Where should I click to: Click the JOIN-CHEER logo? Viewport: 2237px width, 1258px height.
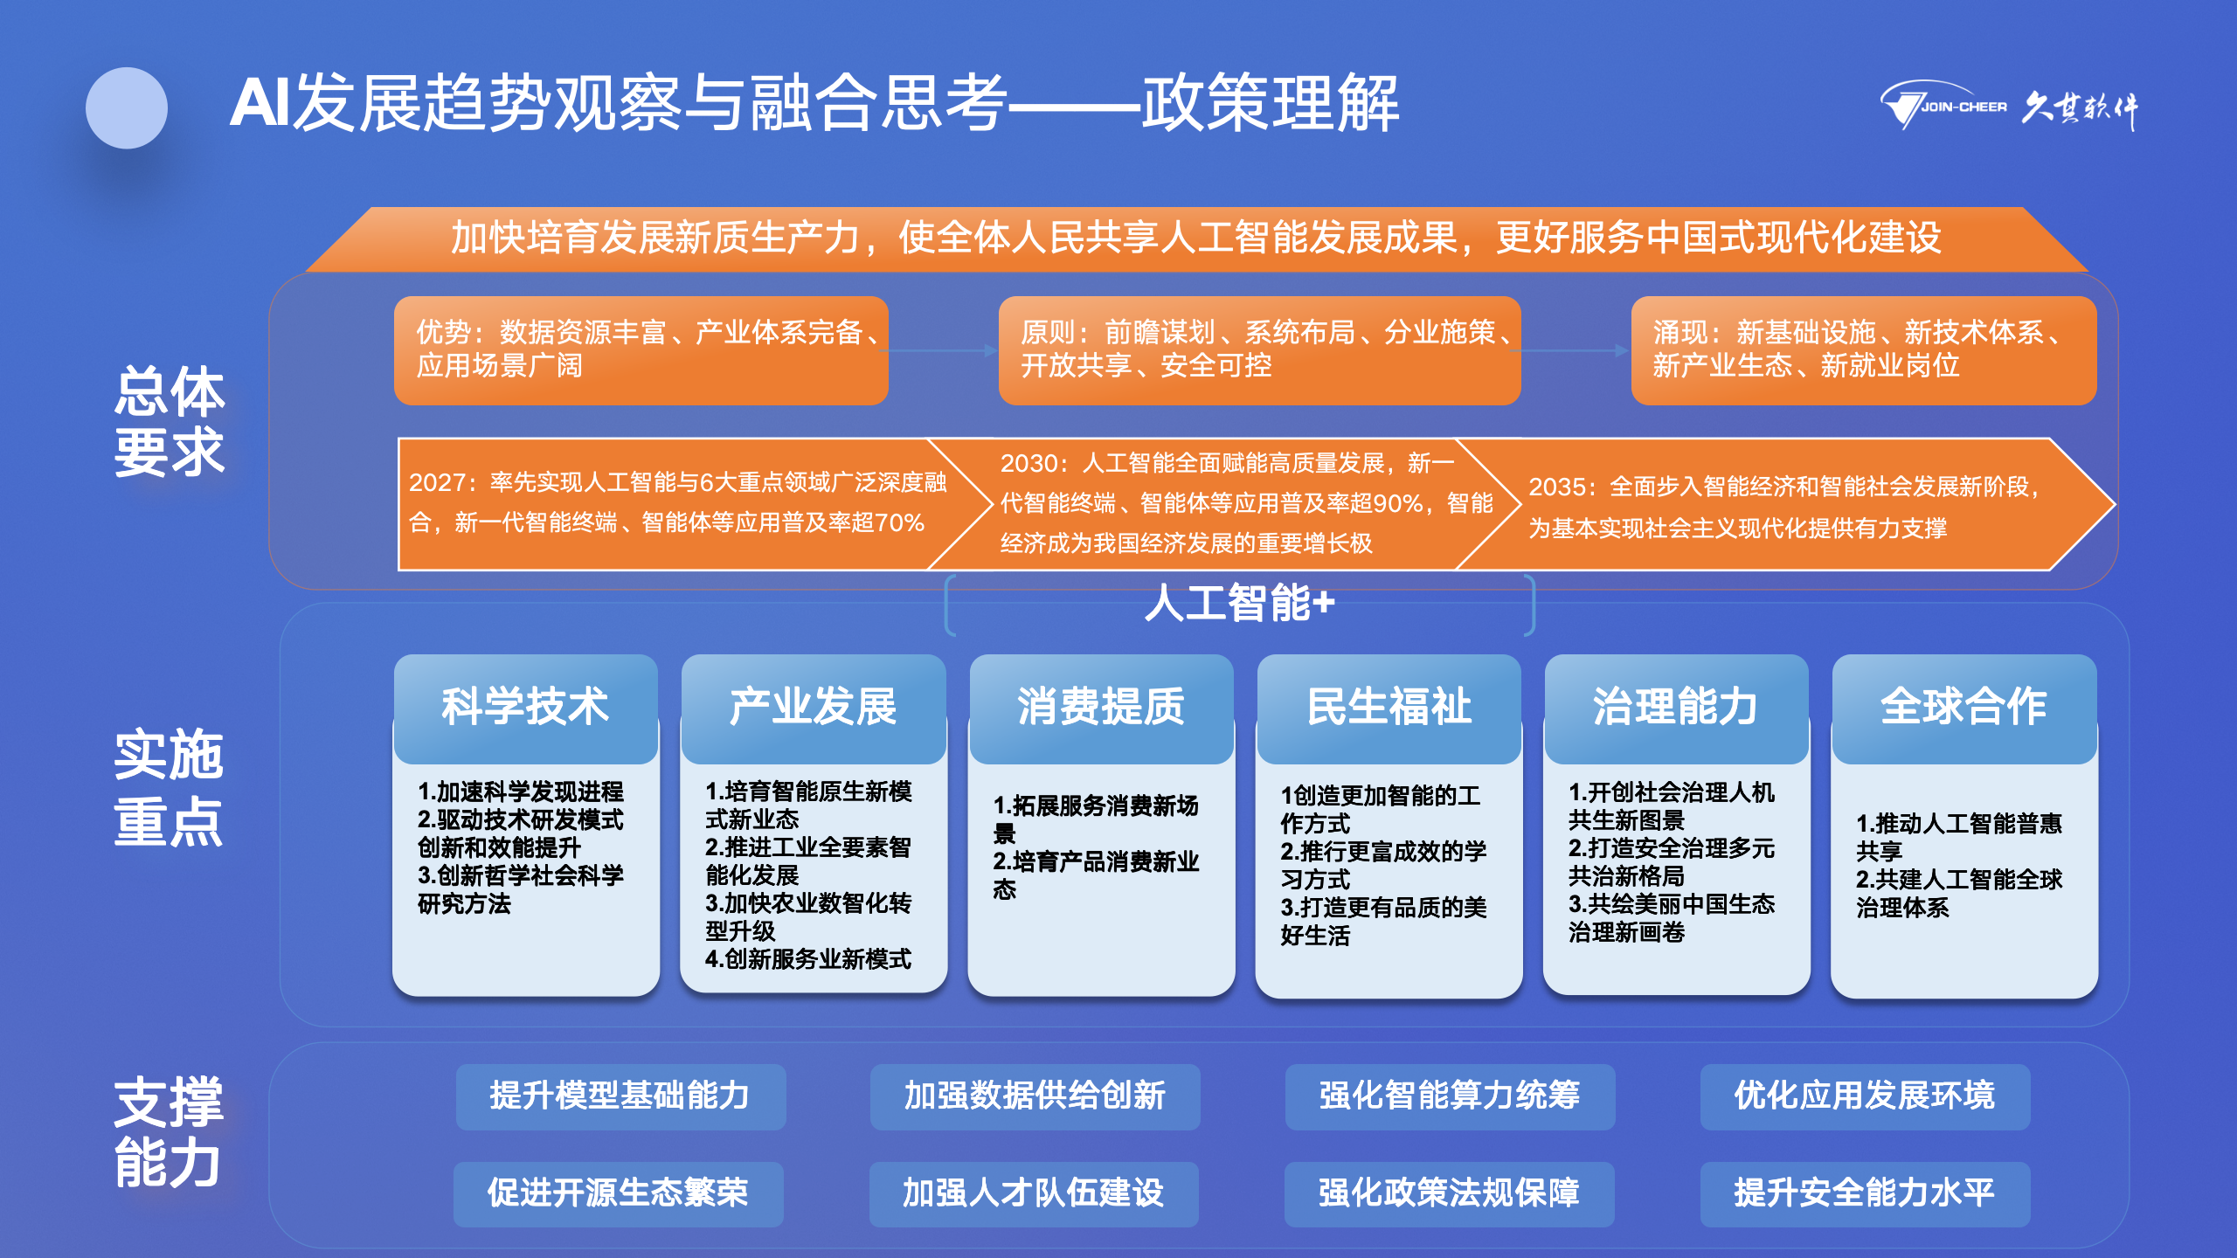tap(2008, 107)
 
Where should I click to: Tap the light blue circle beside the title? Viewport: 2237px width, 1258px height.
tap(127, 108)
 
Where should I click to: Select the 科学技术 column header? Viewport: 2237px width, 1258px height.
tap(525, 708)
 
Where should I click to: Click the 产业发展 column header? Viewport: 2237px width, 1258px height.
tap(814, 708)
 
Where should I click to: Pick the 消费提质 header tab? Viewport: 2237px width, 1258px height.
tap(1101, 708)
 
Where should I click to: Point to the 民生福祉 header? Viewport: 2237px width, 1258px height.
tap(1389, 708)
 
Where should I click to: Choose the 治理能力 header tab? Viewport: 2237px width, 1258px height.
tap(1677, 708)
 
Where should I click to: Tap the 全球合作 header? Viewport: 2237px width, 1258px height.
tap(1964, 708)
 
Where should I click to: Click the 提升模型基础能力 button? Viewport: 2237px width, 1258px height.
tap(620, 1096)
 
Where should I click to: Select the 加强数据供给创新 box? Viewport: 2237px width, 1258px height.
tap(1035, 1096)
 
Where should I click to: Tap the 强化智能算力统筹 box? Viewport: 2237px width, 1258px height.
tap(1451, 1096)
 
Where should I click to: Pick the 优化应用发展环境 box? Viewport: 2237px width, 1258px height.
tap(1866, 1096)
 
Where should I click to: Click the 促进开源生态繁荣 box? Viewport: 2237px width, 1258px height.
tap(619, 1193)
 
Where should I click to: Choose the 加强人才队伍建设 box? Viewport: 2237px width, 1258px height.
tap(1034, 1193)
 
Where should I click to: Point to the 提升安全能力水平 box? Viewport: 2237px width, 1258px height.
tap(1866, 1193)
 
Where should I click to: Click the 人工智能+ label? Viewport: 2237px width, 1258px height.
tap(1240, 603)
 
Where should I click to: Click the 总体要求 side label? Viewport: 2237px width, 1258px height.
tap(170, 421)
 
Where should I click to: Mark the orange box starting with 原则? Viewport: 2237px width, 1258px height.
tap(1260, 350)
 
